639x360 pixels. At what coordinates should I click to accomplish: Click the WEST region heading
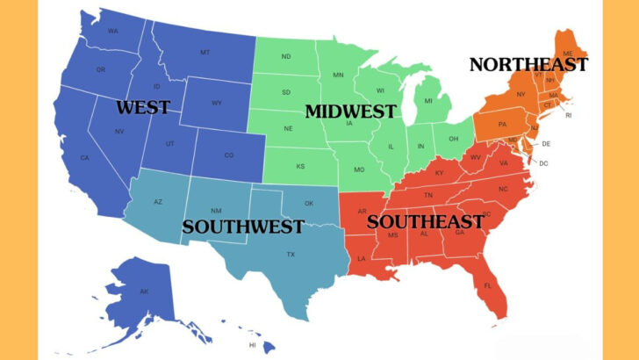point(142,108)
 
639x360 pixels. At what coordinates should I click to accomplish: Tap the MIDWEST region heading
point(350,112)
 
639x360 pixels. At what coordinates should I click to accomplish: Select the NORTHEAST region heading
point(528,64)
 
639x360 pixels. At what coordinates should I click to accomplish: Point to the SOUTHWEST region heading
point(243,226)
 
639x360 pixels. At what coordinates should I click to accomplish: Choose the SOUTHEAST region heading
point(425,221)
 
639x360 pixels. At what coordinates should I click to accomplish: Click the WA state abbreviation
point(112,31)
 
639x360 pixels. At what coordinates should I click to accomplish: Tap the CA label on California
point(85,158)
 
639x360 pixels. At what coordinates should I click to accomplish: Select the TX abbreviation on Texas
point(291,255)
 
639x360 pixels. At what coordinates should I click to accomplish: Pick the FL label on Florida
point(488,286)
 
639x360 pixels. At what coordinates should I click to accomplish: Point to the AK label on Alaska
point(144,292)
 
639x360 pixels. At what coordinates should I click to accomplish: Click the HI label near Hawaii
point(253,345)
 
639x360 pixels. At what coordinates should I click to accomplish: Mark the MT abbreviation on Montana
point(205,53)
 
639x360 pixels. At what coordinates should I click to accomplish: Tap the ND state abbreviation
point(286,57)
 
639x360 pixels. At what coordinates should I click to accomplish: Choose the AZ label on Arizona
point(158,202)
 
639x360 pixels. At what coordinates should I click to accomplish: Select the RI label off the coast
point(568,115)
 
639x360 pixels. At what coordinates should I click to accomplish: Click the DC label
point(543,163)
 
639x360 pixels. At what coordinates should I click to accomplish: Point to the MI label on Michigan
point(428,101)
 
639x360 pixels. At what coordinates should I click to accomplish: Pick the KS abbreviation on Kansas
point(300,166)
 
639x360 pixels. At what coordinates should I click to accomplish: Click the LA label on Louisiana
point(361,258)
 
